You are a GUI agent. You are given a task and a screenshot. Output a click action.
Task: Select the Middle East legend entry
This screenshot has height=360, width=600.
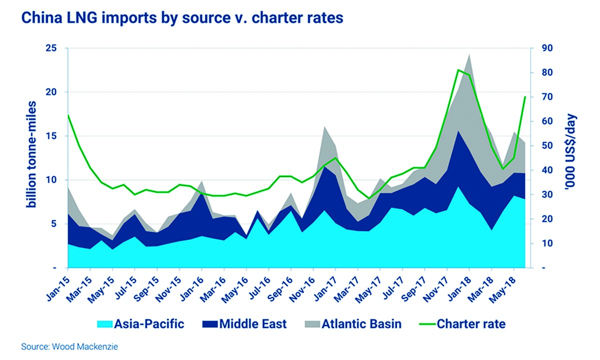(244, 324)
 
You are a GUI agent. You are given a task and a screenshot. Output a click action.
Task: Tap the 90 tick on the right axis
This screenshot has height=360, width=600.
(540, 48)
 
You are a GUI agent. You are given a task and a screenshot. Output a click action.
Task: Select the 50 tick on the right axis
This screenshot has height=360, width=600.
(540, 146)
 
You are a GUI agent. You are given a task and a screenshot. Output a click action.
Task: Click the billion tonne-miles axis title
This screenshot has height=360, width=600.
(20, 158)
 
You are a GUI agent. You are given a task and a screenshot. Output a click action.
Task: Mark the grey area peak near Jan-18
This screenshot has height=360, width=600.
(469, 55)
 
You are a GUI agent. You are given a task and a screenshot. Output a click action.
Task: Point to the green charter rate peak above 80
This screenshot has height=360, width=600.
(458, 70)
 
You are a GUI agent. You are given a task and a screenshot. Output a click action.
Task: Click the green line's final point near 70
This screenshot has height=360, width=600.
(525, 96)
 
